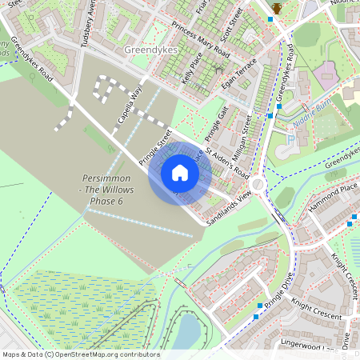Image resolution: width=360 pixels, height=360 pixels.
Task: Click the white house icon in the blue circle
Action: click(180, 173)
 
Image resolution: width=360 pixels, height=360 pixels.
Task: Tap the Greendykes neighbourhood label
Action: click(151, 50)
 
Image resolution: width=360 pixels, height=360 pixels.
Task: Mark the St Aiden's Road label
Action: click(228, 162)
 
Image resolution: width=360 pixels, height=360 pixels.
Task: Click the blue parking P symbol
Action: click(290, 138)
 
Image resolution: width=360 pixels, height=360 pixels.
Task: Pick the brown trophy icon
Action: click(276, 7)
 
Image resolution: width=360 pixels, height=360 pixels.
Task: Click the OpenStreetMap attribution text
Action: click(80, 354)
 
